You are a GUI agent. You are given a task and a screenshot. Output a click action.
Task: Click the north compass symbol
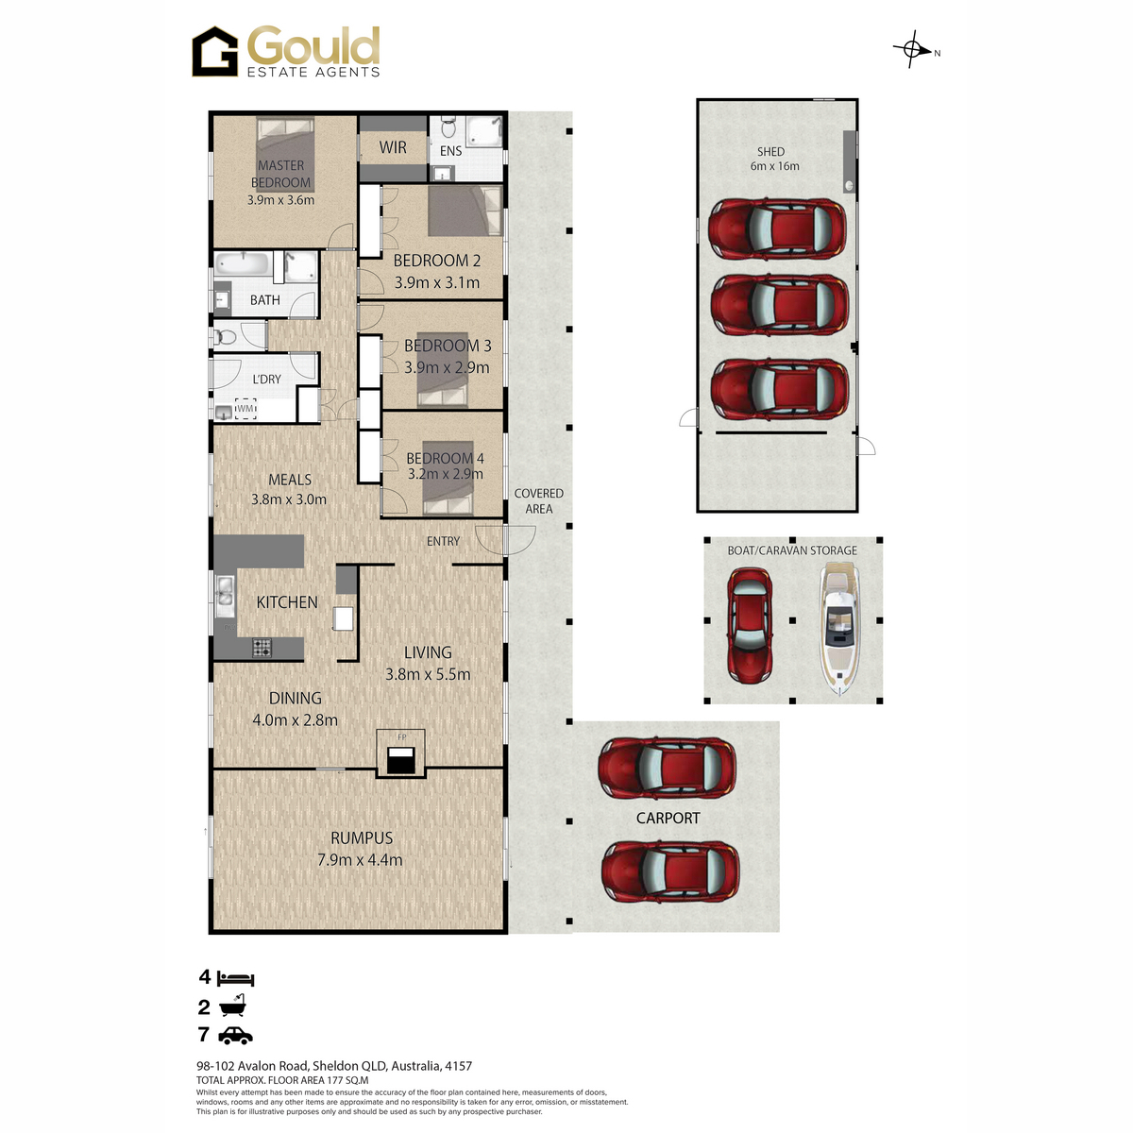[x=912, y=49]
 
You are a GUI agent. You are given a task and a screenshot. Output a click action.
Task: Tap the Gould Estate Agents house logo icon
[x=215, y=52]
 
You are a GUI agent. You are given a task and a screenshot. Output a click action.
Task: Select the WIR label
[x=393, y=147]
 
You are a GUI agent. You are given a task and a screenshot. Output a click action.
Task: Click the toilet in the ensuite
[x=448, y=127]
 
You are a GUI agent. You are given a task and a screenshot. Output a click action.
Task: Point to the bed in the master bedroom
[x=285, y=155]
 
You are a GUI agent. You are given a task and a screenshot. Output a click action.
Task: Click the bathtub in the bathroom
[x=244, y=264]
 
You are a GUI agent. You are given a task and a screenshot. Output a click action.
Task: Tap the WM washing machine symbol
[x=245, y=409]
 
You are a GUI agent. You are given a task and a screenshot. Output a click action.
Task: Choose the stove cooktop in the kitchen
[x=262, y=648]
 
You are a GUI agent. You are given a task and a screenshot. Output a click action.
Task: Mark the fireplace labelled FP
[x=401, y=753]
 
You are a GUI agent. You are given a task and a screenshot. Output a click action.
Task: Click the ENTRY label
[x=444, y=541]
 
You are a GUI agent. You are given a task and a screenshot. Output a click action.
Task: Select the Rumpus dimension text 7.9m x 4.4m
[x=360, y=860]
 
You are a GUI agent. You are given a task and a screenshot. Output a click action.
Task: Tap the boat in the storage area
[x=839, y=629]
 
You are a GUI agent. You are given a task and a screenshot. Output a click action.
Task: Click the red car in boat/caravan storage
[x=750, y=626]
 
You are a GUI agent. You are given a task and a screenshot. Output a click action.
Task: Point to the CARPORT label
[x=668, y=818]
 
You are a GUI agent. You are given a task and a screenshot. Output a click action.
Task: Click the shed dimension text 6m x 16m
[x=774, y=166]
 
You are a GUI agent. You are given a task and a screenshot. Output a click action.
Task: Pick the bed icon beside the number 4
[x=236, y=979]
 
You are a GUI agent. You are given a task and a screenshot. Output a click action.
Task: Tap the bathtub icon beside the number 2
[x=232, y=1006]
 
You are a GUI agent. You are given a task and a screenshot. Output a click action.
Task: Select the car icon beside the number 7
[x=235, y=1036]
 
